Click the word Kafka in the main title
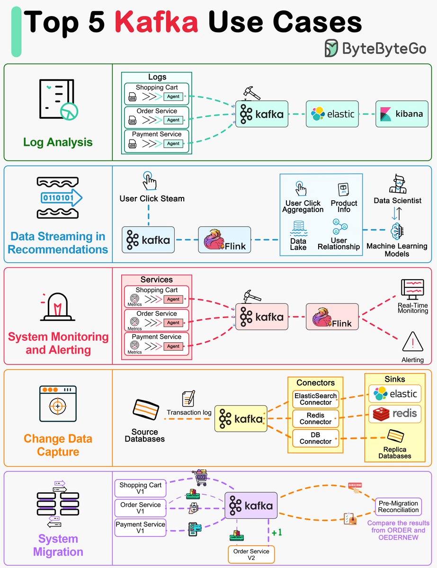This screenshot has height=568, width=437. [158, 22]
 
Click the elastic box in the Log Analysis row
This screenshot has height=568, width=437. [332, 114]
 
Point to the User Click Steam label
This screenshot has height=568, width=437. [152, 198]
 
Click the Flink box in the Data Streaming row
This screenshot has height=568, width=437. [225, 240]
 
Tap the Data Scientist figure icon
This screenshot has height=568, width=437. [398, 184]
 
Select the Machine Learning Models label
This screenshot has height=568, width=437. [397, 250]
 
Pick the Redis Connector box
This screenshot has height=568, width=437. [315, 418]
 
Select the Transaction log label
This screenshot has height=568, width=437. [189, 412]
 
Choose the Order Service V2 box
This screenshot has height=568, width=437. [251, 554]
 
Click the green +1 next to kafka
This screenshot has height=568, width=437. [276, 532]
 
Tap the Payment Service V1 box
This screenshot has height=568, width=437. [141, 527]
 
